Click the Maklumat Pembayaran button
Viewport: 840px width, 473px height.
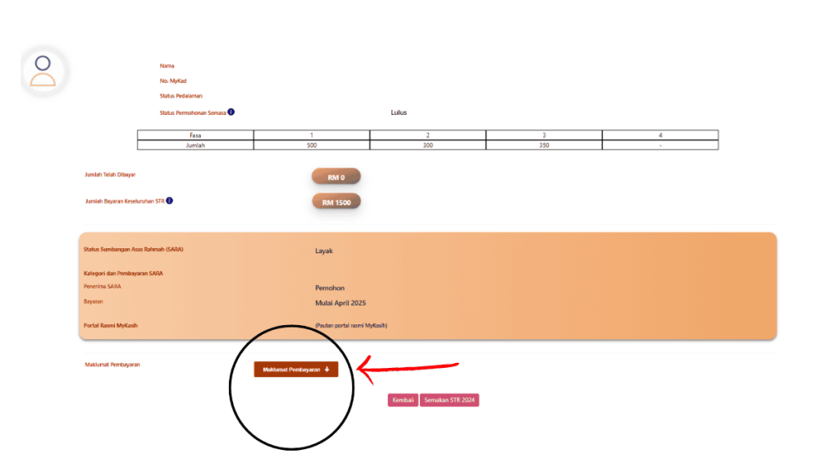coord(295,370)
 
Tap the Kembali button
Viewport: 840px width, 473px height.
coord(403,401)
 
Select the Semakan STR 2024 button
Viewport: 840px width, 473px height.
coord(449,401)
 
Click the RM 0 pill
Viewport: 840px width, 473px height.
coord(336,177)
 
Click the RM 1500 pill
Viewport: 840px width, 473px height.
coord(336,202)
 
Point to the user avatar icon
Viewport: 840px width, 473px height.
coord(43,71)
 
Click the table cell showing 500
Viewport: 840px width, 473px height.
coord(312,145)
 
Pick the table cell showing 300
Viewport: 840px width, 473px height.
coord(427,145)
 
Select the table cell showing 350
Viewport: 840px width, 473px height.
coord(544,145)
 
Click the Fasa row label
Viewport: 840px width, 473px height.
coord(195,135)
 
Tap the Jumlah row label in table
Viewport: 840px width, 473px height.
coord(195,145)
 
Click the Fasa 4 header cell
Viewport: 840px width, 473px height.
coord(660,135)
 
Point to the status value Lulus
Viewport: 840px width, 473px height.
coord(399,113)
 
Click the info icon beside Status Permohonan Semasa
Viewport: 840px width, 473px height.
coord(231,112)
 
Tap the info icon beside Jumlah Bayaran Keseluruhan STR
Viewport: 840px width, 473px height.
coord(170,200)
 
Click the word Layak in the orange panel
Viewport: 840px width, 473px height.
coord(324,250)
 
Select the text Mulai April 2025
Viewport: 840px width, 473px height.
coord(340,303)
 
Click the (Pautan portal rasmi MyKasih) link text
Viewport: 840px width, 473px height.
coord(351,326)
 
